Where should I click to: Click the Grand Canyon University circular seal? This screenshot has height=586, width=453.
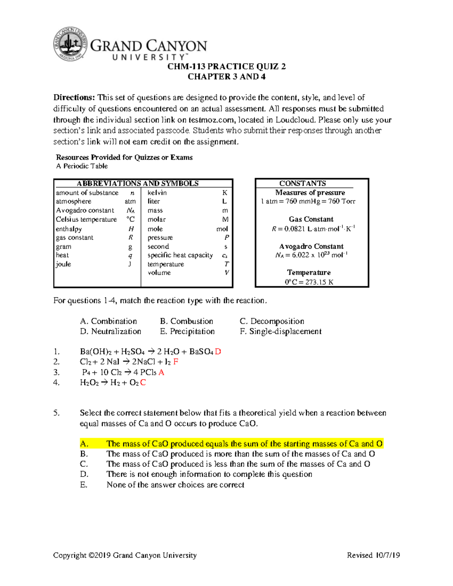[x=71, y=44]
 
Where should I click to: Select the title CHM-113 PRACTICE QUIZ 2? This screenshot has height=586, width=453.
[x=226, y=67]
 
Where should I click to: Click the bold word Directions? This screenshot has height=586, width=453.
[x=74, y=98]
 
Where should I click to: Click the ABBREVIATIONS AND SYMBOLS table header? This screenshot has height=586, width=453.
[x=138, y=183]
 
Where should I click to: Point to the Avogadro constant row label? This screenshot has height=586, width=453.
[x=85, y=211]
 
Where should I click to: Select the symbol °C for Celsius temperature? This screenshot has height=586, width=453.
[x=130, y=219]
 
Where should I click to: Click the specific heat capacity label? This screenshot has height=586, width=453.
[x=180, y=255]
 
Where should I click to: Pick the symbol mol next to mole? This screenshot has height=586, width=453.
[x=222, y=229]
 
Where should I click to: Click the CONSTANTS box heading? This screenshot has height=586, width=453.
[x=303, y=183]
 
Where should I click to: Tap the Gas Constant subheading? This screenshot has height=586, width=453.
[x=311, y=219]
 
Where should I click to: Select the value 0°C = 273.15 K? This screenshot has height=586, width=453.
[x=309, y=282]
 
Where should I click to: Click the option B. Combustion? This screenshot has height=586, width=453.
[x=186, y=321]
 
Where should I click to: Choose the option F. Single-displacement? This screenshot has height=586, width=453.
[x=280, y=331]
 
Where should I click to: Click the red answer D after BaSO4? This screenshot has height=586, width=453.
[x=218, y=352]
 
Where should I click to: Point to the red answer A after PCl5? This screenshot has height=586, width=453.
[x=162, y=372]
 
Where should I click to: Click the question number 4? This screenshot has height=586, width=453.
[x=56, y=383]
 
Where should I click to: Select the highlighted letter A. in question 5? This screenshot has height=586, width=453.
[x=84, y=444]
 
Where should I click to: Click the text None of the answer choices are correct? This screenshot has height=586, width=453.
[x=175, y=485]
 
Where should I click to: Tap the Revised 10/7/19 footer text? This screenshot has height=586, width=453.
[x=373, y=555]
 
